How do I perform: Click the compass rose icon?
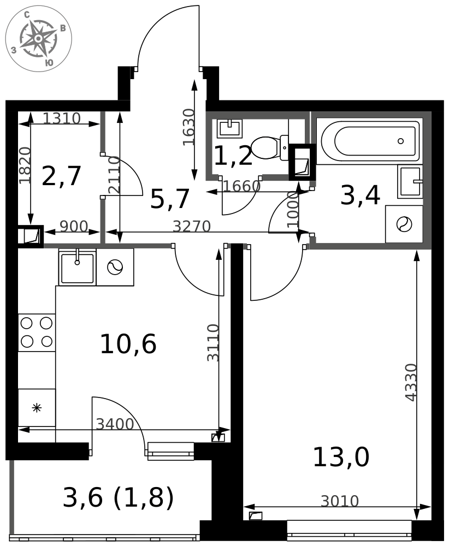[x=39, y=38]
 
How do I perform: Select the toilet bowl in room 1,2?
[x=269, y=147]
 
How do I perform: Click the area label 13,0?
[x=341, y=457]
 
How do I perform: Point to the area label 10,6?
[x=128, y=343]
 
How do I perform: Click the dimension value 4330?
[x=411, y=382]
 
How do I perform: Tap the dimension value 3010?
[x=340, y=501]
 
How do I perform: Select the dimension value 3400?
[x=115, y=424]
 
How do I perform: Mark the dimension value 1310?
[x=62, y=118]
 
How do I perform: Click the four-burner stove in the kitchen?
[x=37, y=333]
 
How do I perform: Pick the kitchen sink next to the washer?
[x=78, y=267]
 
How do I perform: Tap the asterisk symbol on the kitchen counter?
[x=37, y=408]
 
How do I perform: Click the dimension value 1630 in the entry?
[x=188, y=127]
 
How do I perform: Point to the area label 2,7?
[x=61, y=176]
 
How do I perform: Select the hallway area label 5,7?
[x=170, y=199]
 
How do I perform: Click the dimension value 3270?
[x=192, y=227]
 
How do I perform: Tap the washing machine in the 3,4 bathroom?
[x=404, y=224]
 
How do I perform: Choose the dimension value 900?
[x=74, y=227]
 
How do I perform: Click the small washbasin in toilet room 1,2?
[x=229, y=128]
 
